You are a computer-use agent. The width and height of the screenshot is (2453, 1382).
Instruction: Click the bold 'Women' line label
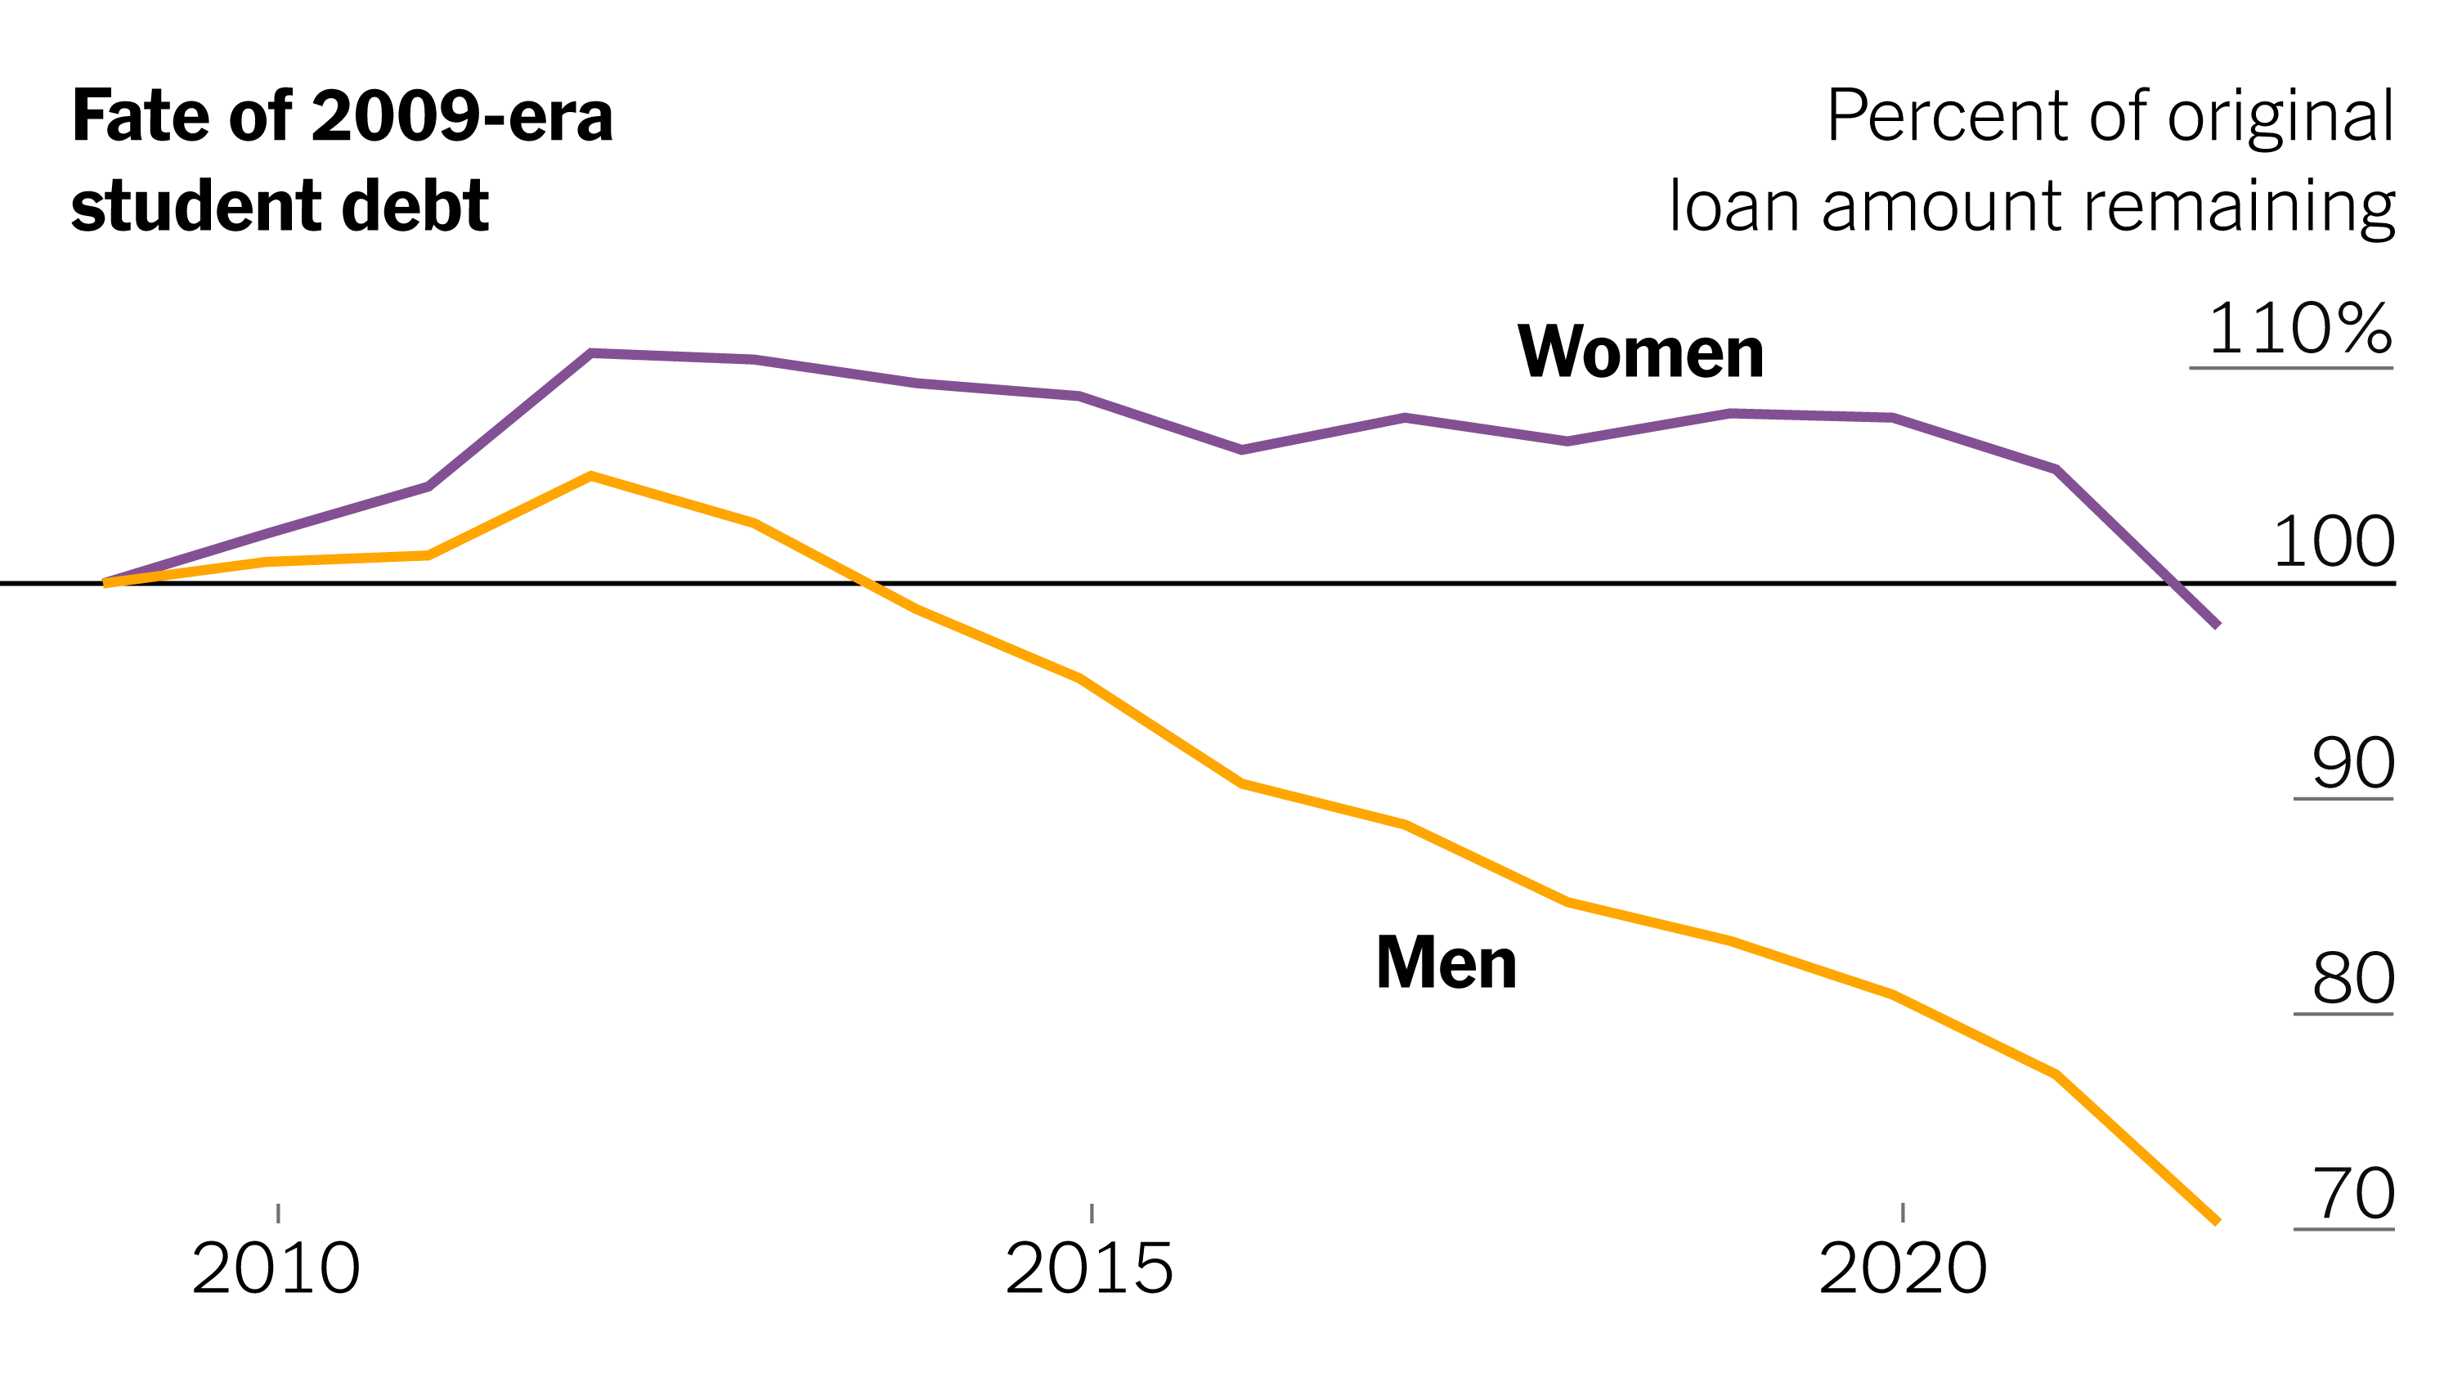[1639, 352]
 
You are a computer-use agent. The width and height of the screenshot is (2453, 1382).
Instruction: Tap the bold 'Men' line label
[1446, 963]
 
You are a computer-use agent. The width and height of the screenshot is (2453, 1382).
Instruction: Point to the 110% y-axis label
[2298, 330]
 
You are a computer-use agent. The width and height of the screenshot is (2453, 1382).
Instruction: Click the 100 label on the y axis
[2333, 542]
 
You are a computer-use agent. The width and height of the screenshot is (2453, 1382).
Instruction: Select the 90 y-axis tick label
[2353, 763]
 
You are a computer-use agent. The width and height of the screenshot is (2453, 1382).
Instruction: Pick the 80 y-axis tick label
[2353, 978]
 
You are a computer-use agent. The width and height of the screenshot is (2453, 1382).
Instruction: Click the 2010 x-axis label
[276, 1268]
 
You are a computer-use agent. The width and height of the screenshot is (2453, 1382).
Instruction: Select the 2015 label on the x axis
[1089, 1268]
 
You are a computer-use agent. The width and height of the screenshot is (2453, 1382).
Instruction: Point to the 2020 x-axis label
[1903, 1268]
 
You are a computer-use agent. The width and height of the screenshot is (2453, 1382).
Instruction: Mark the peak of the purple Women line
[591, 353]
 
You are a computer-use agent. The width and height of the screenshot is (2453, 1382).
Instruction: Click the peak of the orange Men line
[591, 476]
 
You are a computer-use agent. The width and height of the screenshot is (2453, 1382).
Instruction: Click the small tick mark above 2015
[1092, 1214]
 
